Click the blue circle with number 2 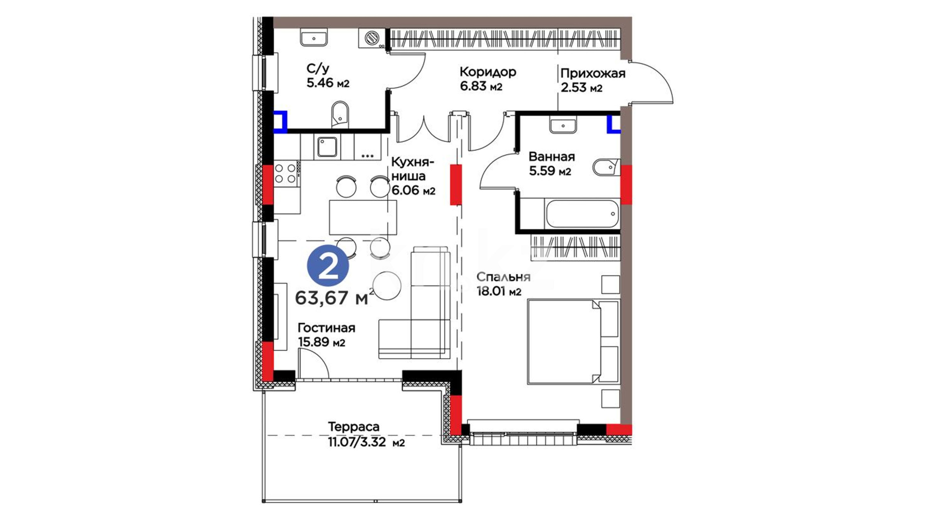328,266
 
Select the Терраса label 354,427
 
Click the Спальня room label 503,277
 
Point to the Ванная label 552,156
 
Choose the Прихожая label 593,74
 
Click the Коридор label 488,72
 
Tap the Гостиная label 326,328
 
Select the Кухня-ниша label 408,169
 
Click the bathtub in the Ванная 582,213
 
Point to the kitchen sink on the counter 328,147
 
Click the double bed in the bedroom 573,342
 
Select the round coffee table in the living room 387,286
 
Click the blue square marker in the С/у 280,121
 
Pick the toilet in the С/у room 340,114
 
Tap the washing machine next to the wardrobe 372,38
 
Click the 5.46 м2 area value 328,83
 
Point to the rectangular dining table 363,217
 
